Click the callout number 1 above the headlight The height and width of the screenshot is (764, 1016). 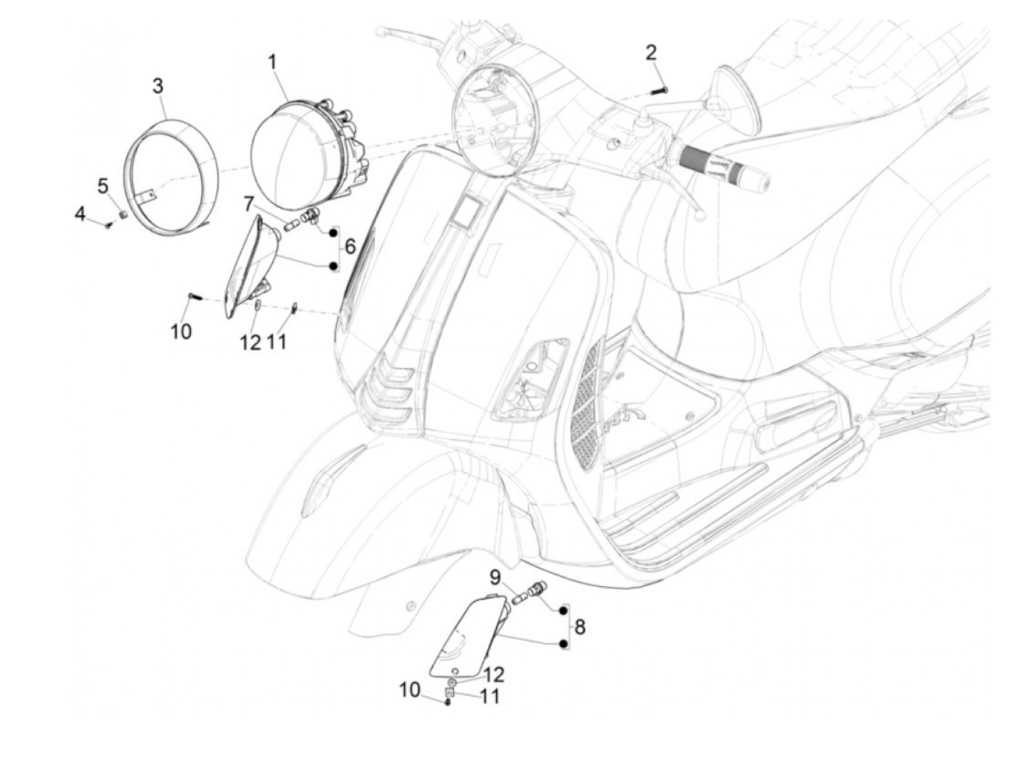273,61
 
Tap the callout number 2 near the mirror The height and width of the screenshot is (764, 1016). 651,52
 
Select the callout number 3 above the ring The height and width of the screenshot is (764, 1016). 157,86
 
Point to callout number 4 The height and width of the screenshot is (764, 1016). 80,214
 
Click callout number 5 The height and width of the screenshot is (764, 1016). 103,186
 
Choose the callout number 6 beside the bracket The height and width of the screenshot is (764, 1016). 350,247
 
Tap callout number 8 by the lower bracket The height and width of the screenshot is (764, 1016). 580,626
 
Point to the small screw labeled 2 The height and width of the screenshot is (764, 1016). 659,91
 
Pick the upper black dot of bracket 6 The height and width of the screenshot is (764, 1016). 333,233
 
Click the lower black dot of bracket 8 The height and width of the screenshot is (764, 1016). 563,643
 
